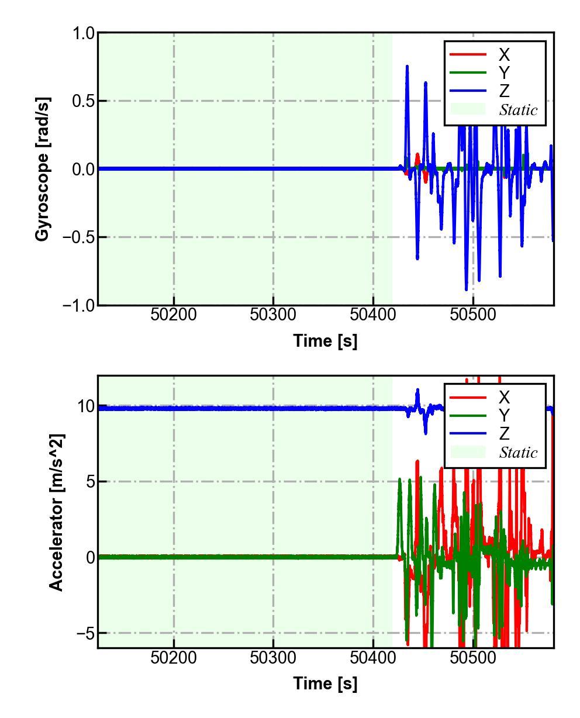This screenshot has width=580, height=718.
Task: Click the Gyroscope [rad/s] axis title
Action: click(42, 169)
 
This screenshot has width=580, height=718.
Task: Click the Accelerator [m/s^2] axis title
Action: click(56, 512)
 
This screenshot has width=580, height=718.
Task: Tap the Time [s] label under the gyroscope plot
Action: click(325, 341)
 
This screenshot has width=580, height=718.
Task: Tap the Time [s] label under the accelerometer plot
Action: click(325, 683)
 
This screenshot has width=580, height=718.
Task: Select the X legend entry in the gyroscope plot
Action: click(503, 55)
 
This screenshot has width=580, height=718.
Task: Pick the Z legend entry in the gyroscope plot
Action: click(503, 91)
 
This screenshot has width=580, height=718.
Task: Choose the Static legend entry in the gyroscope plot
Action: click(517, 110)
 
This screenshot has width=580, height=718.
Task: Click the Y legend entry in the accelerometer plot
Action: click(503, 416)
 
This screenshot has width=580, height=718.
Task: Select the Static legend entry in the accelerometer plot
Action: click(517, 453)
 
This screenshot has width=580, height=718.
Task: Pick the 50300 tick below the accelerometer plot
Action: click(273, 658)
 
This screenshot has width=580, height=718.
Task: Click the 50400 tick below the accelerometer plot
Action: click(373, 658)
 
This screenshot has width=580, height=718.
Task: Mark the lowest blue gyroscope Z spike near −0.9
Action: click(466, 289)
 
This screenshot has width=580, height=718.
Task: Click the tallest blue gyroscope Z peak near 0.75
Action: click(407, 67)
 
